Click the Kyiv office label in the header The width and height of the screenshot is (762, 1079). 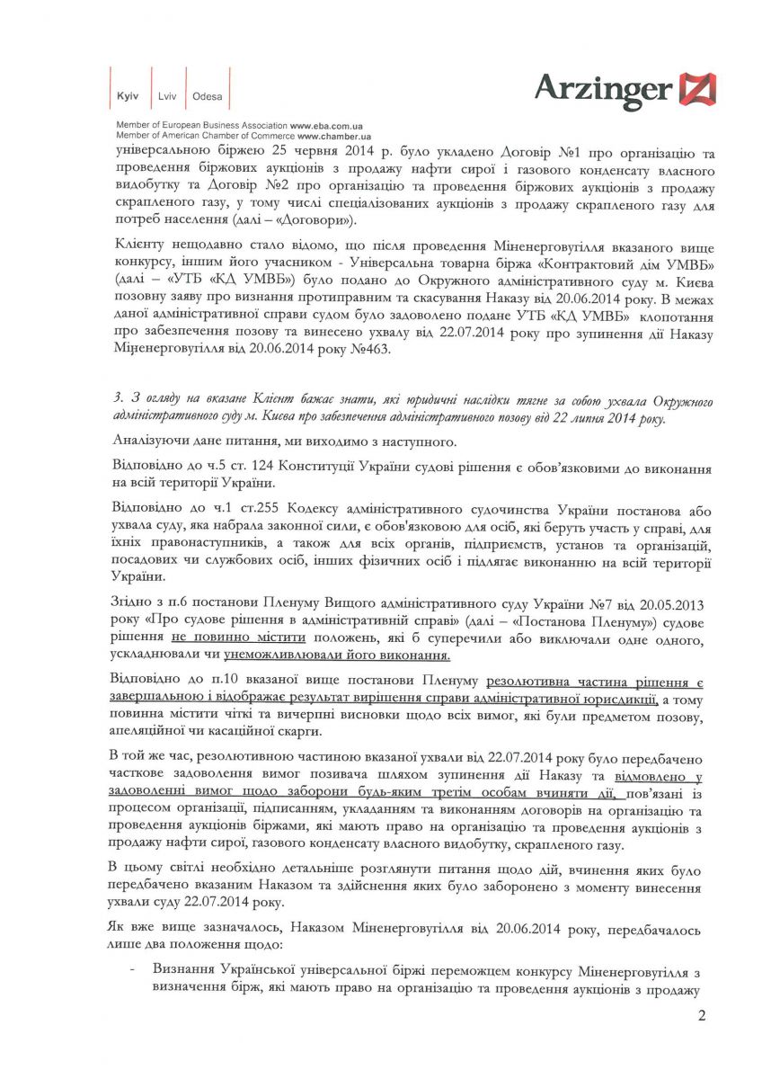(x=127, y=96)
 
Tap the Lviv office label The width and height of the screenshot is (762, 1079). (x=167, y=96)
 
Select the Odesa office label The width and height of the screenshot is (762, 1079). (x=208, y=96)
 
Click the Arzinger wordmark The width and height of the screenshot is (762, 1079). (x=603, y=89)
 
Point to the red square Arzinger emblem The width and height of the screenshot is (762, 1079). (x=697, y=90)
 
